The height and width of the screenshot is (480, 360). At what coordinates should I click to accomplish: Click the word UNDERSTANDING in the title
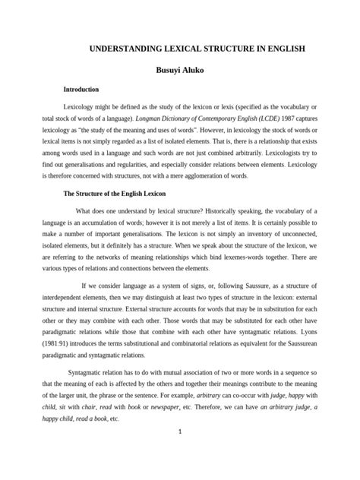[126, 48]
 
